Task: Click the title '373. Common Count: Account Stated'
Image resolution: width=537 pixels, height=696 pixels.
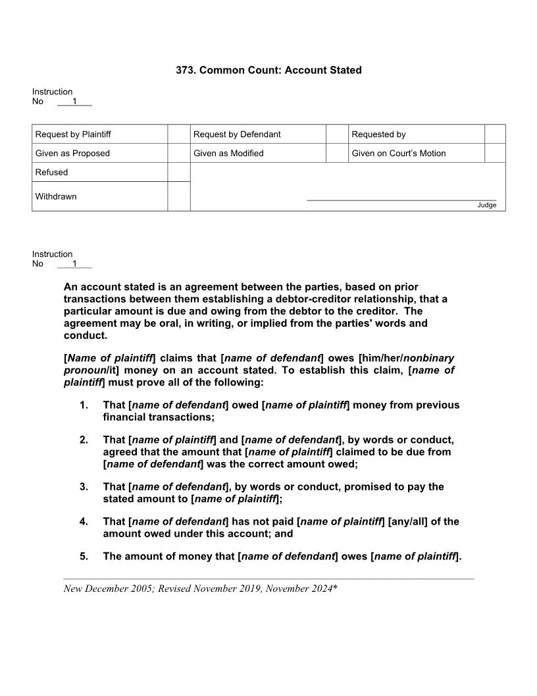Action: click(x=268, y=70)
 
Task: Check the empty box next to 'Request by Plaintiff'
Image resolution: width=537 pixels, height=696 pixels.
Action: click(x=178, y=134)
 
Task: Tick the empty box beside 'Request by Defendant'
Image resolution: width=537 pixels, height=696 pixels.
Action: click(x=336, y=134)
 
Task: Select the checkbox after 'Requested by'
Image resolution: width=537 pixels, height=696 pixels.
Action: click(x=495, y=134)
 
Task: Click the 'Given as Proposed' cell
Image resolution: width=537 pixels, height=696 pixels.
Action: click(x=72, y=153)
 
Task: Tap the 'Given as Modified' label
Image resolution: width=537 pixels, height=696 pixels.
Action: click(x=228, y=153)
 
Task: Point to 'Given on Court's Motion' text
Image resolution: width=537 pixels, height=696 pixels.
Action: click(x=398, y=153)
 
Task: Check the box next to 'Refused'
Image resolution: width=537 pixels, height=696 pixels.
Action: click(x=178, y=172)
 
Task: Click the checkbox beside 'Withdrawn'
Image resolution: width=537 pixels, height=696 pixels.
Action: click(x=178, y=196)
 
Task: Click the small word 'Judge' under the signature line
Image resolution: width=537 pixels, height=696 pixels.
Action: click(x=486, y=205)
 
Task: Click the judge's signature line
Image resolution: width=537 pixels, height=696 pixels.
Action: click(x=401, y=199)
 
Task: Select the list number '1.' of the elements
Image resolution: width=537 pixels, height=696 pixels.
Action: click(x=84, y=405)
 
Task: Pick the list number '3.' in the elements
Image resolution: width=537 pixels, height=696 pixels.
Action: click(x=84, y=486)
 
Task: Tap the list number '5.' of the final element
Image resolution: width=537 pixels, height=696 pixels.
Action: click(x=84, y=556)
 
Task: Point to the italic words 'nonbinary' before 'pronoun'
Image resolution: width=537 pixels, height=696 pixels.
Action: click(x=428, y=358)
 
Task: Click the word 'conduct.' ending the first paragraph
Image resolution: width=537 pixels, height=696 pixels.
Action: click(x=85, y=335)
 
